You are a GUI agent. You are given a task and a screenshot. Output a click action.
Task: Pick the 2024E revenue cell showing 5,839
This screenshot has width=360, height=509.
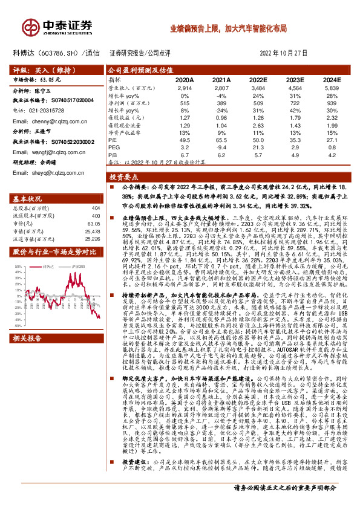[330, 88]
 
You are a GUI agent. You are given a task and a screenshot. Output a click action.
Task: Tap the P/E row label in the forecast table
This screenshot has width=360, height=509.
[113, 138]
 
